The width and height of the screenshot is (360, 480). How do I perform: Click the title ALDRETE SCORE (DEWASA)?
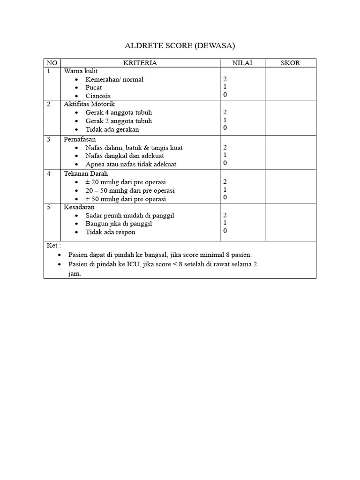coord(180,45)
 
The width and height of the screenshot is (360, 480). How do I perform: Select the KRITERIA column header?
coord(140,63)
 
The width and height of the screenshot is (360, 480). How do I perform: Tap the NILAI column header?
coord(242,63)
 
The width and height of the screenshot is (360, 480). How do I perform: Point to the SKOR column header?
coord(290,63)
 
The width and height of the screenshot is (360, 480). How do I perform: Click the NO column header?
coord(51,63)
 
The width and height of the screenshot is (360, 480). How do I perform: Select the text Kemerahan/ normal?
coord(114,79)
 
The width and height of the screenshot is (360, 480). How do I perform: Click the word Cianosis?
coord(98,96)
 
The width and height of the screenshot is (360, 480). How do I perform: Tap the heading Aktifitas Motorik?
coord(89,104)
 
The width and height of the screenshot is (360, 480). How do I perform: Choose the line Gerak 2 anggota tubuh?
coord(119,121)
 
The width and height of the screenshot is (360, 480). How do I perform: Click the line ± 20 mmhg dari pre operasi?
coord(126,182)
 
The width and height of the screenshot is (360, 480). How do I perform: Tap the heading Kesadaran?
coord(79,207)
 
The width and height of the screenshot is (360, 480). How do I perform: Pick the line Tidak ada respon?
coord(110,232)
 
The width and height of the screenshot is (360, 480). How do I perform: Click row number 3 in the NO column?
coord(49,139)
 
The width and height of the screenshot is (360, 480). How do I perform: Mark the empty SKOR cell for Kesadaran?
coord(290,222)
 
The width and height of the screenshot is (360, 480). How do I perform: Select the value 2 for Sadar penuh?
coord(225,215)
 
